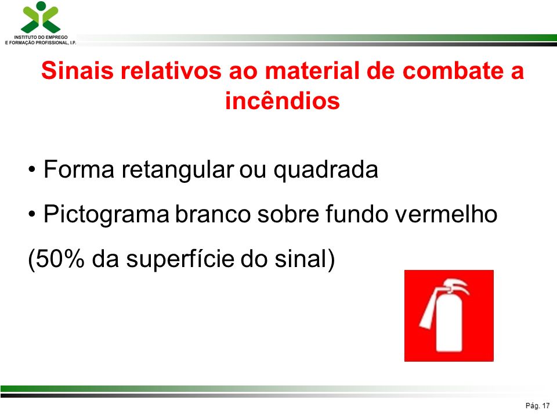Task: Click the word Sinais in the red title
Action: point(77,70)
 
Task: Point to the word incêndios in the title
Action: point(283,100)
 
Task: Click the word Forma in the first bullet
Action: point(79,169)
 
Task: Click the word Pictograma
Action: point(106,215)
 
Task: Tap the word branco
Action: point(212,214)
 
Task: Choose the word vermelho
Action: point(446,214)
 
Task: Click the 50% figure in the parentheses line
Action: point(60,258)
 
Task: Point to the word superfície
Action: point(180,260)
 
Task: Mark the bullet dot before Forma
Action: point(32,170)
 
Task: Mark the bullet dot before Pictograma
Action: point(32,215)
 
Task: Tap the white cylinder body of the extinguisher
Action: point(449,322)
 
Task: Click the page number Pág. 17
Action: point(537,406)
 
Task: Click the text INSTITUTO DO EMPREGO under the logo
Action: point(41,37)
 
